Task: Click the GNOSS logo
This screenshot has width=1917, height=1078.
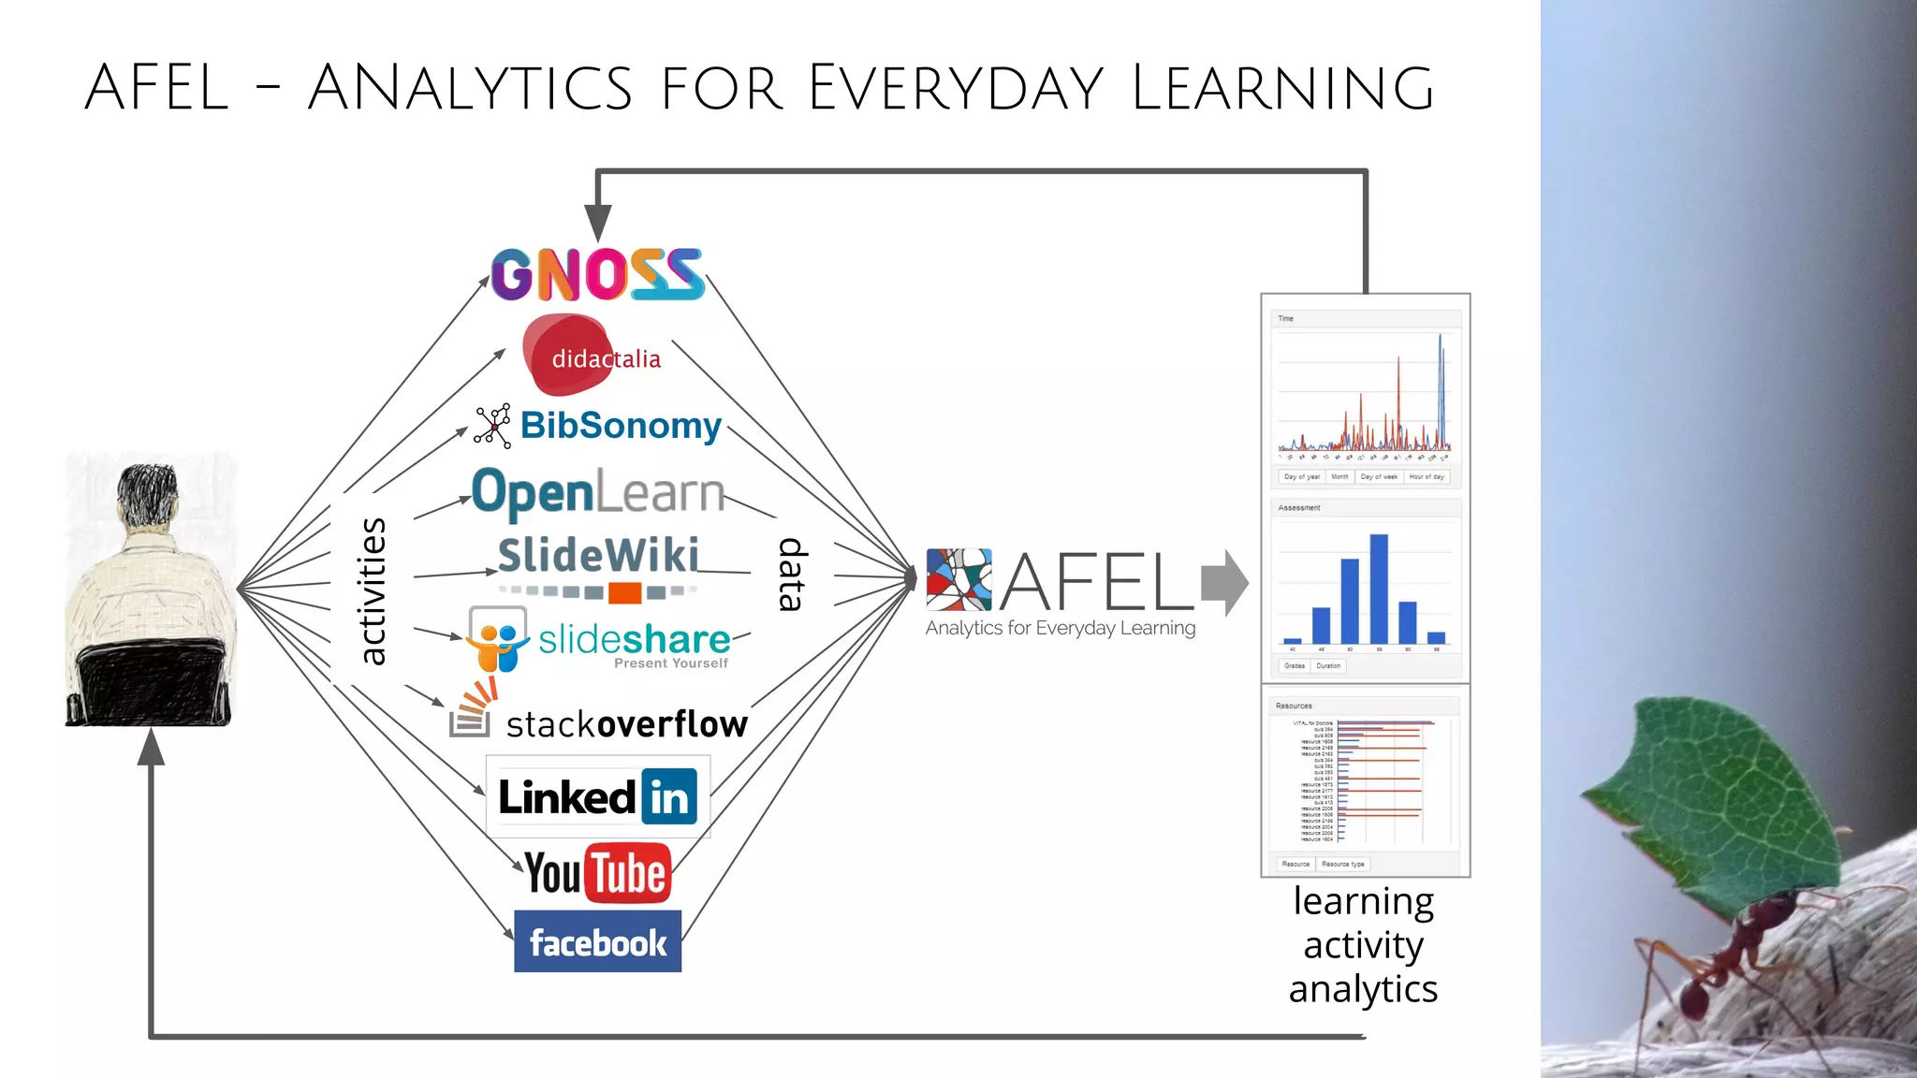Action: pyautogui.click(x=597, y=274)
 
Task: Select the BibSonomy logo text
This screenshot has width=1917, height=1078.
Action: pyautogui.click(x=621, y=426)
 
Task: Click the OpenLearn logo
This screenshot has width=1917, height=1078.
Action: pyautogui.click(x=598, y=492)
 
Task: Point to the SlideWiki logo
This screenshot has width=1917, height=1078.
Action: pyautogui.click(x=598, y=558)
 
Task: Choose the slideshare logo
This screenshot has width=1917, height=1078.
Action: pyautogui.click(x=599, y=641)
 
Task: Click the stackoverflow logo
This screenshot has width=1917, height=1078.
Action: pyautogui.click(x=599, y=721)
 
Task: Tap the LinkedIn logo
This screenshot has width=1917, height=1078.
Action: pyautogui.click(x=597, y=797)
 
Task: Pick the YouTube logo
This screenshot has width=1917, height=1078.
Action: pyautogui.click(x=597, y=873)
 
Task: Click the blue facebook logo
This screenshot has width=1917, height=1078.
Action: pyautogui.click(x=597, y=941)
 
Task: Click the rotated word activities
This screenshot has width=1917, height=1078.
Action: pyautogui.click(x=372, y=591)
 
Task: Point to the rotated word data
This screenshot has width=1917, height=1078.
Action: pyautogui.click(x=792, y=575)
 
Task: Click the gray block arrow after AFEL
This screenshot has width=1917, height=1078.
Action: pyautogui.click(x=1224, y=582)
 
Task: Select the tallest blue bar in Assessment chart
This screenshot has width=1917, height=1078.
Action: pyautogui.click(x=1379, y=589)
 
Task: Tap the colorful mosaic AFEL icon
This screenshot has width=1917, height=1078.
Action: pyautogui.click(x=958, y=580)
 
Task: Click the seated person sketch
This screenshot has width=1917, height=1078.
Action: pyautogui.click(x=150, y=590)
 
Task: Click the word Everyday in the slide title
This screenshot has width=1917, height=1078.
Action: pyautogui.click(x=956, y=88)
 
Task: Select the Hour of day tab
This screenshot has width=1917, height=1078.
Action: pyautogui.click(x=1427, y=476)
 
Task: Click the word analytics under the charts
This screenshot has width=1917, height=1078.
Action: pyautogui.click(x=1363, y=989)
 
